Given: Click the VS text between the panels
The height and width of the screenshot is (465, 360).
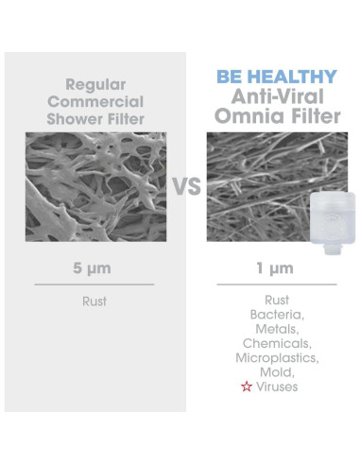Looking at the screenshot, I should pyautogui.click(x=186, y=185).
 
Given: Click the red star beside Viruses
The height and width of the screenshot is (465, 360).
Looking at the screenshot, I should pyautogui.click(x=247, y=387).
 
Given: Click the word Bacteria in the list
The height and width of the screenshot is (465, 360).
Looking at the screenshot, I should pyautogui.click(x=276, y=314).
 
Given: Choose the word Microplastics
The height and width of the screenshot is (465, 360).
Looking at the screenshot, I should pyautogui.click(x=276, y=358).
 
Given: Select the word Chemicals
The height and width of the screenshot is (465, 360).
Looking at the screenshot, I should pyautogui.click(x=276, y=344).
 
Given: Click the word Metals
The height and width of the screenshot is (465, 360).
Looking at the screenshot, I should pyautogui.click(x=276, y=329).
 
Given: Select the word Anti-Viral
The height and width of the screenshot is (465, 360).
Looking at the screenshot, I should pyautogui.click(x=276, y=95).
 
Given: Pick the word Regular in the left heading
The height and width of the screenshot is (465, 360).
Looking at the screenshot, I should pyautogui.click(x=94, y=82).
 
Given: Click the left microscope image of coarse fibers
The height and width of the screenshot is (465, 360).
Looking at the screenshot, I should pyautogui.click(x=94, y=185).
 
